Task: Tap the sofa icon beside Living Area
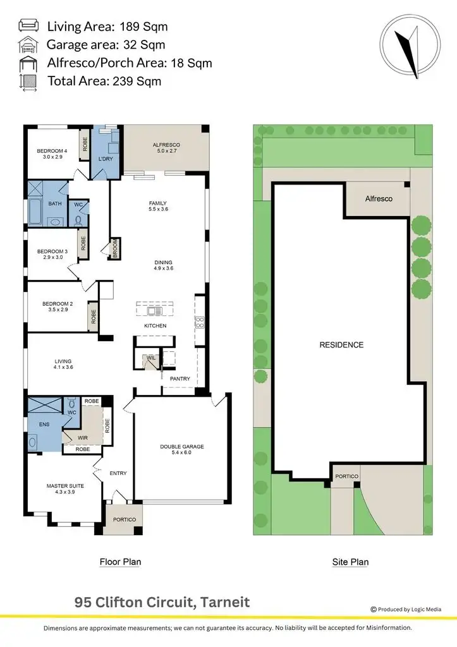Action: (28, 26)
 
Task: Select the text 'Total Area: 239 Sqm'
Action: (104, 81)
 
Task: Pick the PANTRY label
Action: (180, 378)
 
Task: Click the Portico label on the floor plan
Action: (123, 519)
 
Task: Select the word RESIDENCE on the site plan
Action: (341, 345)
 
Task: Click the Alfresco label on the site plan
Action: (379, 198)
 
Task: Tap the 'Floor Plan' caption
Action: (120, 562)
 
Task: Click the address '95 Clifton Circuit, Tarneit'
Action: (162, 602)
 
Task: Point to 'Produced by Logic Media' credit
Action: (414, 609)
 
